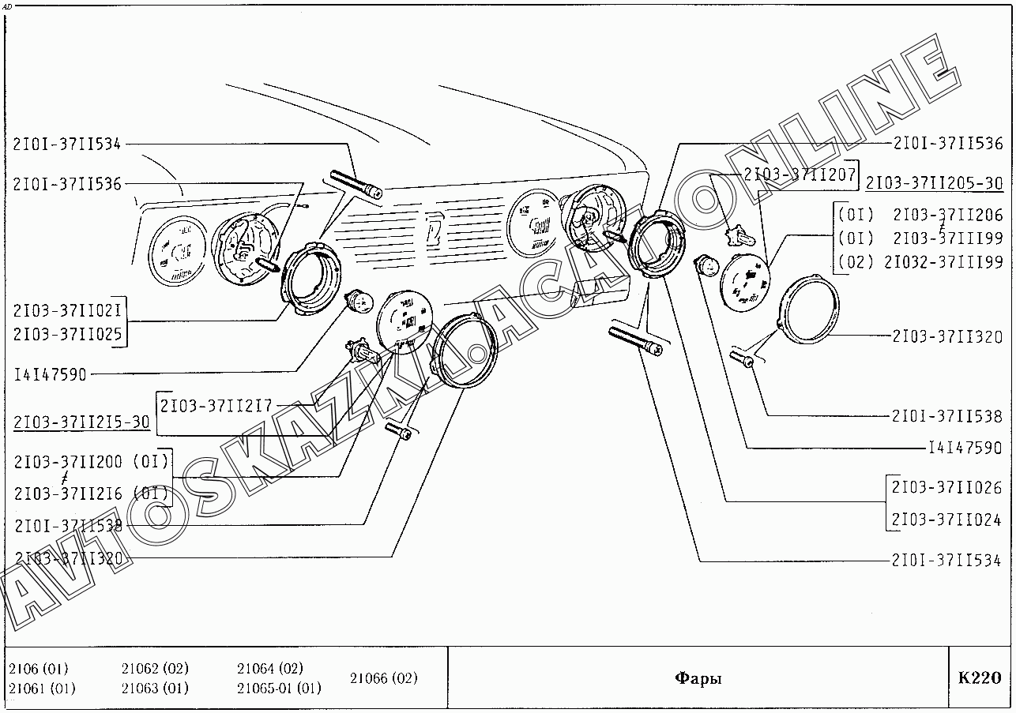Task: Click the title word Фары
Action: point(698,678)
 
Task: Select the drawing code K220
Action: point(979,678)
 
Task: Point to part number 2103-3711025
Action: point(68,334)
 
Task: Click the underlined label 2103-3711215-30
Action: point(81,422)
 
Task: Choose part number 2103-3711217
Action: point(216,406)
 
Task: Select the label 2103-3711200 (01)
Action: point(91,462)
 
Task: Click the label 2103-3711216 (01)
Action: point(91,494)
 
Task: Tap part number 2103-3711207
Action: point(799,175)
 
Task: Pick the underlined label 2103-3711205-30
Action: point(934,183)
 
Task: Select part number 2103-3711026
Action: point(946,488)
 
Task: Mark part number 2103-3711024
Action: point(946,520)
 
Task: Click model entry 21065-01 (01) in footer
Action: point(279,688)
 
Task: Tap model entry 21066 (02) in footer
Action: point(383,678)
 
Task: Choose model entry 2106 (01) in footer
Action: point(38,669)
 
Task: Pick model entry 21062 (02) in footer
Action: point(155,669)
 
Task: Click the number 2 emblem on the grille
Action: point(435,229)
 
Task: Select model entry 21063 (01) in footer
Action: point(155,688)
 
